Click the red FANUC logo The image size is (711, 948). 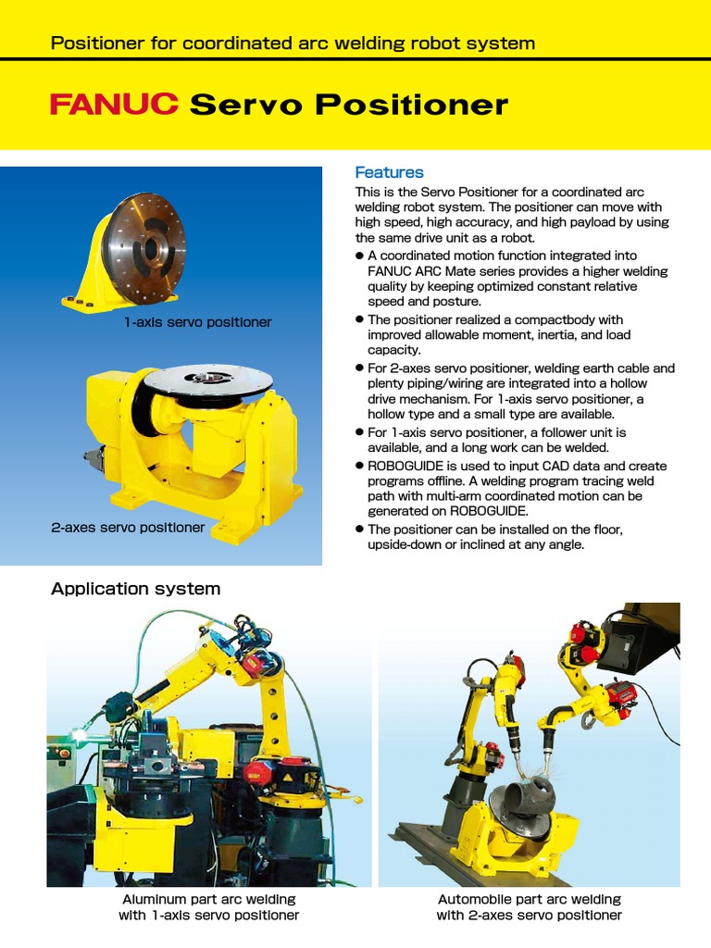click(x=114, y=105)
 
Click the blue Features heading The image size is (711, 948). click(x=389, y=172)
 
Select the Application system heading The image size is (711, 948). click(x=135, y=589)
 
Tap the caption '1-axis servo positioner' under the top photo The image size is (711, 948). click(x=198, y=322)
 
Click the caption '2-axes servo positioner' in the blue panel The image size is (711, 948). click(x=128, y=527)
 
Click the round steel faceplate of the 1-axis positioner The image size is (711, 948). click(x=143, y=236)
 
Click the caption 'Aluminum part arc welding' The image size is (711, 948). click(x=208, y=899)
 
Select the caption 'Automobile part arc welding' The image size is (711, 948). click(x=529, y=899)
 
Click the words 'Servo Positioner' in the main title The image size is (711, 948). click(x=348, y=105)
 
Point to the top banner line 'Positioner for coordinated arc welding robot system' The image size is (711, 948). click(x=292, y=43)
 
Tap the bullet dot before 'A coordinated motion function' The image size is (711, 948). click(x=360, y=256)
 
